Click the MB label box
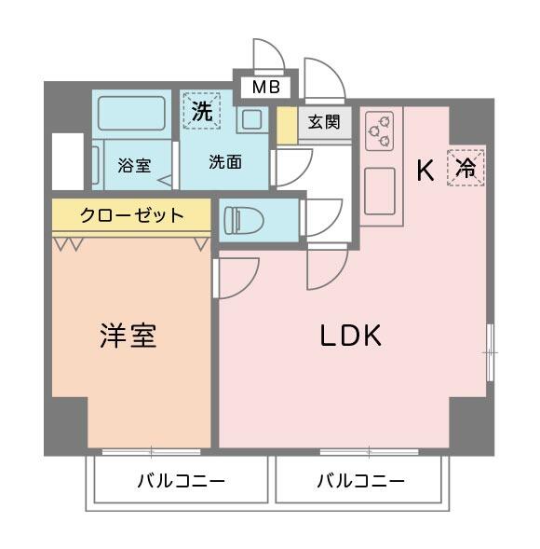264,89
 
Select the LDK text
351,336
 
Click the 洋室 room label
128,336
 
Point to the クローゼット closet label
131,216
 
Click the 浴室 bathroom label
134,166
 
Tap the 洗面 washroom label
224,162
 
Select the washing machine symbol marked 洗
201,110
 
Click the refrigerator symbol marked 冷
466,168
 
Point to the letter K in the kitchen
425,171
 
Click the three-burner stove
379,130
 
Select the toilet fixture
246,220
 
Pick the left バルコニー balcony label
181,482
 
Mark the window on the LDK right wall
491,352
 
